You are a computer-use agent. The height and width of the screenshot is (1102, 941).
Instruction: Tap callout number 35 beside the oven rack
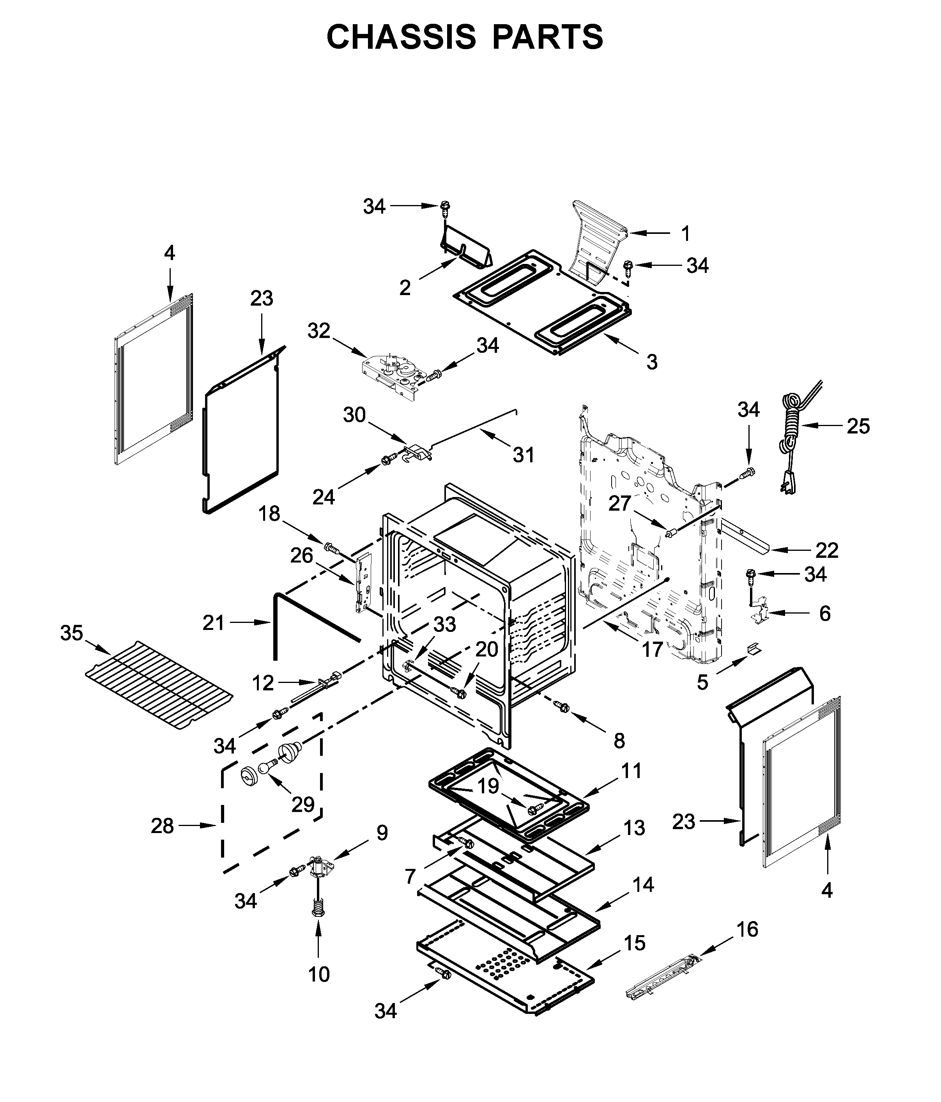click(x=71, y=633)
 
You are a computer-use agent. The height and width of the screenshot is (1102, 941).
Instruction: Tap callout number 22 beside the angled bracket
click(x=827, y=550)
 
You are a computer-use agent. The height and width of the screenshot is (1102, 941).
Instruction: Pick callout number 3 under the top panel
click(x=652, y=362)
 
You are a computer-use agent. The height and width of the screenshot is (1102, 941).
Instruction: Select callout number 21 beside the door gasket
click(x=213, y=622)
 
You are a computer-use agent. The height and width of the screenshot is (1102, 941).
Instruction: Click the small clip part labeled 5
click(x=754, y=649)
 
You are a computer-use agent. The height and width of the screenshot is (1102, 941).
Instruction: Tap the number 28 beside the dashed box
click(x=162, y=826)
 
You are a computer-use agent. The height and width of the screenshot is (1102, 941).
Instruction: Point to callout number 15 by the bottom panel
click(x=634, y=943)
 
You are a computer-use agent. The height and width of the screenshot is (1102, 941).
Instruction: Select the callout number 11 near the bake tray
click(x=632, y=771)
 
